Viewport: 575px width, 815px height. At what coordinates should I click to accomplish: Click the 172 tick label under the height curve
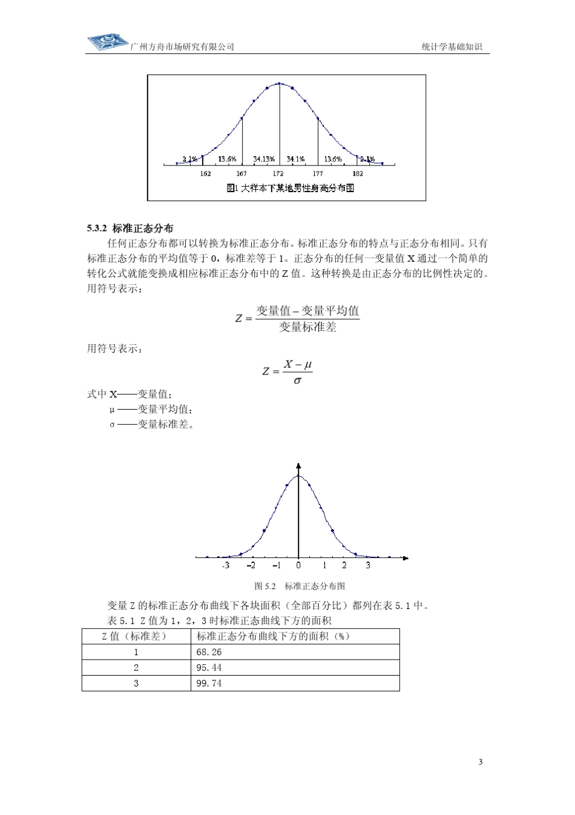click(279, 173)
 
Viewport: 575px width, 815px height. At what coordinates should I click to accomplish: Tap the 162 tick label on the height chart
click(205, 173)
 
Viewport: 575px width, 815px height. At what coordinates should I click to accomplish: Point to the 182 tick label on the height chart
click(357, 173)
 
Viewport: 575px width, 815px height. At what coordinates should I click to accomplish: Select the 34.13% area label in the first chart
click(264, 159)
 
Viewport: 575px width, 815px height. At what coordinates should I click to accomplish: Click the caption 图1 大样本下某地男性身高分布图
click(290, 188)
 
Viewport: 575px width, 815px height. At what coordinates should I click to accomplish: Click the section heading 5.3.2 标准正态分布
click(130, 228)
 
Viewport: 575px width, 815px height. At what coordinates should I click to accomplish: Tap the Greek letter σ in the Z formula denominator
click(297, 381)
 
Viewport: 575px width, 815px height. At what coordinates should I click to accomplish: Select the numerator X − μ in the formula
click(298, 364)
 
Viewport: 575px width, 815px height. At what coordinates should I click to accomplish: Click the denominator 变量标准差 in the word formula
click(307, 327)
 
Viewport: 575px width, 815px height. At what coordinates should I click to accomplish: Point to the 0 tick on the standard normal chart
click(298, 565)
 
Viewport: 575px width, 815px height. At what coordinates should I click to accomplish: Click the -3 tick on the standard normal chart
click(225, 565)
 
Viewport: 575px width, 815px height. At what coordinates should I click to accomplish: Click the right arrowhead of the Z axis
click(406, 557)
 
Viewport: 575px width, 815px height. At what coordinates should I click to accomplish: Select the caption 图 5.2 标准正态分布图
click(300, 586)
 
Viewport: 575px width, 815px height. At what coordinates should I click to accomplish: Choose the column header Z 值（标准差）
click(136, 636)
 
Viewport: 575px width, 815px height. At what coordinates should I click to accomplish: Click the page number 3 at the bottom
click(481, 762)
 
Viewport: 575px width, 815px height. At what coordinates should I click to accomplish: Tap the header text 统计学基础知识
click(452, 47)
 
